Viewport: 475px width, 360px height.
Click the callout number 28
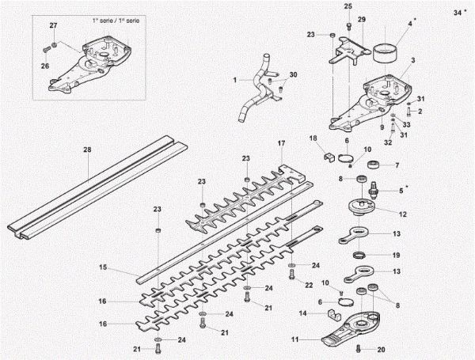87,150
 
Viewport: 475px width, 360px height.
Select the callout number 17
281,143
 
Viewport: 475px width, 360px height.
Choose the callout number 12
403,214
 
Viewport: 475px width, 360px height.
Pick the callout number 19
397,256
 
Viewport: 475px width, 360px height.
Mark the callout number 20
382,350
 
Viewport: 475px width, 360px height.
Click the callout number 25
347,7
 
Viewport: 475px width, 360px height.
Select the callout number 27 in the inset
54,26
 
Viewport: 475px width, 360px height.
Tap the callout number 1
235,81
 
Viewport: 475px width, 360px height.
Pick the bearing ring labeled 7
371,166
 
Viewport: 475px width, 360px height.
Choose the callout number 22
309,284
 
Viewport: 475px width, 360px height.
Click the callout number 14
303,313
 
